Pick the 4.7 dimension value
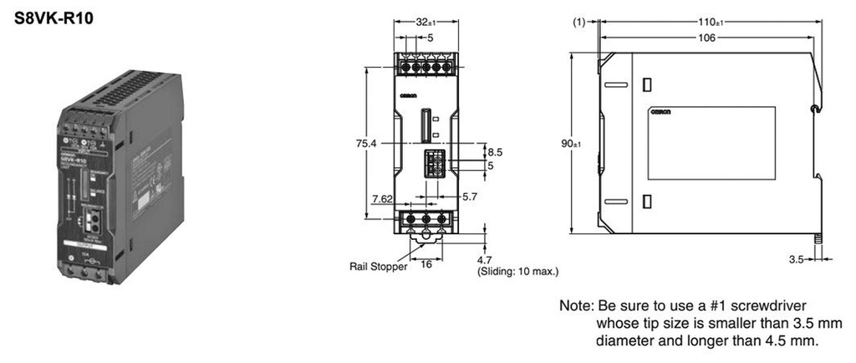486,260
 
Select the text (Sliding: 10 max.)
517,272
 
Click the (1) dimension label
580,23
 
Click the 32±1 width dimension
426,23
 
